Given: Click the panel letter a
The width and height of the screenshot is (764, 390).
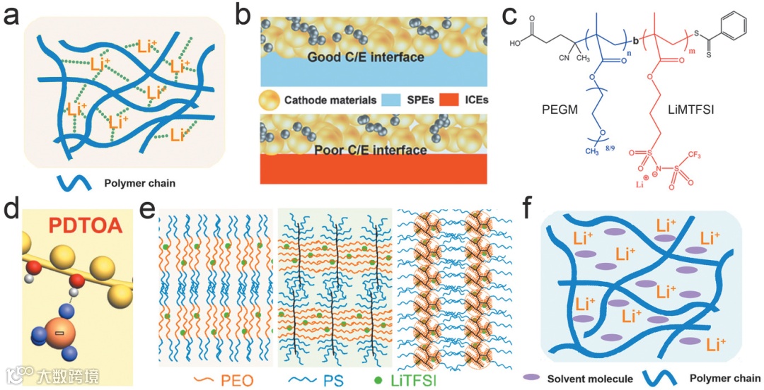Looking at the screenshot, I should coord(13,16).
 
